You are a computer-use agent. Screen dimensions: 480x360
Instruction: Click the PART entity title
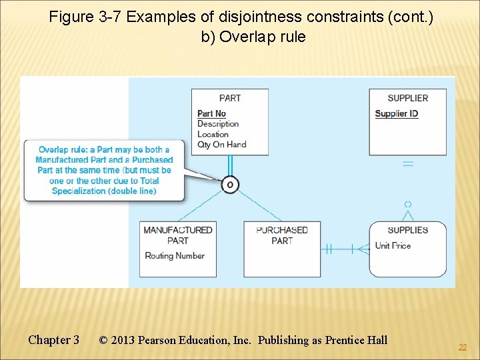230,98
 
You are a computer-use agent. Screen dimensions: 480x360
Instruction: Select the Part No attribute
211,113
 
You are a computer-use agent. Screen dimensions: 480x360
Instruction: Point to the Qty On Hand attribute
221,144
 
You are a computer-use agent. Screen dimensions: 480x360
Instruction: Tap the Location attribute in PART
213,134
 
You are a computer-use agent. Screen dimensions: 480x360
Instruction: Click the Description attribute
218,124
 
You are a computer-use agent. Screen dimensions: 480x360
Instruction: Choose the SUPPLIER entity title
407,98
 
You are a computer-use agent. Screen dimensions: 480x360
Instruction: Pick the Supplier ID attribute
397,113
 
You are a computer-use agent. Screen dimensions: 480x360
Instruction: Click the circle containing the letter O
229,184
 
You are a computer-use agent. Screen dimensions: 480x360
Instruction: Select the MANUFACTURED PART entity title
177,235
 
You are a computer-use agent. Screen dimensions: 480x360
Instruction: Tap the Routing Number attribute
175,255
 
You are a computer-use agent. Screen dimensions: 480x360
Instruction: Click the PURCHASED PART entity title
282,235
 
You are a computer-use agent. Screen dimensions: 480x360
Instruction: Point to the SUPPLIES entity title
407,230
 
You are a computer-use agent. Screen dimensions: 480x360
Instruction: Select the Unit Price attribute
393,245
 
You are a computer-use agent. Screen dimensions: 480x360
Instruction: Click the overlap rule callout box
104,170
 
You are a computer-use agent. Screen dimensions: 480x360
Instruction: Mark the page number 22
462,347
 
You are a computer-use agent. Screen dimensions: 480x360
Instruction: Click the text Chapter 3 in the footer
53,340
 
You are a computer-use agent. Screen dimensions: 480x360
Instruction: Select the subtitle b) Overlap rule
253,37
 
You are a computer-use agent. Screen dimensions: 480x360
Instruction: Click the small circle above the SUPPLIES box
407,204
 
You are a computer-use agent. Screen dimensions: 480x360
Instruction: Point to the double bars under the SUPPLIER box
407,163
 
